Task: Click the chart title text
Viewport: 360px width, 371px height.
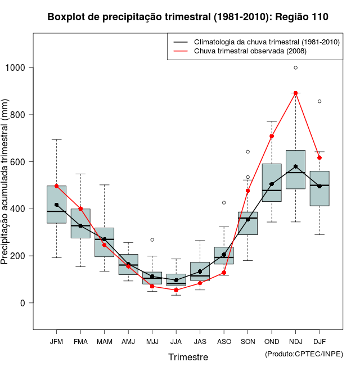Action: coord(188,17)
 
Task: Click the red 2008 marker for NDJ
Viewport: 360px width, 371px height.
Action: coord(295,93)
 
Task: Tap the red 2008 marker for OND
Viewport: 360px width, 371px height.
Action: coord(272,136)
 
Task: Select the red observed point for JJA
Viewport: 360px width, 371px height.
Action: coord(176,290)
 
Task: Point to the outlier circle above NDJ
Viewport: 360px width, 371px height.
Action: coord(295,68)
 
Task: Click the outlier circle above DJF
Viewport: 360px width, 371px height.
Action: coord(319,101)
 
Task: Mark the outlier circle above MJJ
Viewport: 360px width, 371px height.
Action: coord(152,240)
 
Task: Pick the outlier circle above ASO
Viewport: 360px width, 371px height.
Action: coord(224,202)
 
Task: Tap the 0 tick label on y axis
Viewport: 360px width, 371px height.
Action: coord(23,303)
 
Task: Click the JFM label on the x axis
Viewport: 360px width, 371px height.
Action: coord(56,342)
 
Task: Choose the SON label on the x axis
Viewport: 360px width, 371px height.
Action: coord(247,342)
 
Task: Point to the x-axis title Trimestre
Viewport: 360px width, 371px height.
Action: coord(188,357)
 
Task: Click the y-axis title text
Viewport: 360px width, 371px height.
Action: coord(7,185)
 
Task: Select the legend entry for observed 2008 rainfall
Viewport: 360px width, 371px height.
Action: coord(250,52)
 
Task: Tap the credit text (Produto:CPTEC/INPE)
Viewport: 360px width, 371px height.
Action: coord(304,354)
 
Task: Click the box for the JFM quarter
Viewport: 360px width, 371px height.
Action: coord(56,205)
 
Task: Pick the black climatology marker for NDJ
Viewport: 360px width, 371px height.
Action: coord(295,166)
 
